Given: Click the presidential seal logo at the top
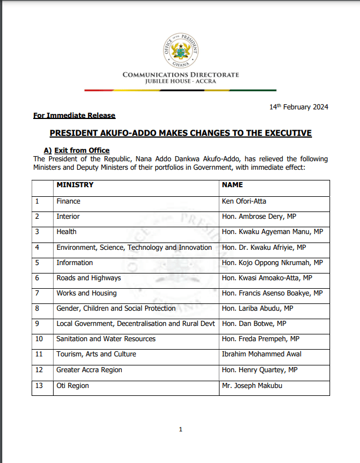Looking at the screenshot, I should pos(181,46).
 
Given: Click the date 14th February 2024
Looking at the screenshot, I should pos(298,107).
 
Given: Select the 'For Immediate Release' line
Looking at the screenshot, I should pos(74,116).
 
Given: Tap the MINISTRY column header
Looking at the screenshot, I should pos(75,185).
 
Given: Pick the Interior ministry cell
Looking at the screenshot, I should pos(68,216).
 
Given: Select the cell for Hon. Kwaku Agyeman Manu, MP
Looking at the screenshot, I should pos(272,232).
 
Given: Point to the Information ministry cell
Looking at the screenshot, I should pos(74,262).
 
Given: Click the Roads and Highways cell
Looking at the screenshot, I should pos(89,277).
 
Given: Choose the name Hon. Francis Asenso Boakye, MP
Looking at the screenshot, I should pos(272,293).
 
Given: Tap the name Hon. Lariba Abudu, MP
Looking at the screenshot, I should pos(257,308).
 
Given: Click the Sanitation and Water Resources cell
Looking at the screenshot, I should pos(106,339).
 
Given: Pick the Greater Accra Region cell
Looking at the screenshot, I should pos(89,370).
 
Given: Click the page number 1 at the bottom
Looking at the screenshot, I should pos(181,430).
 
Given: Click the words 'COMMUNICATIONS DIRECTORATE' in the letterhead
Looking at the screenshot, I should pos(181,74).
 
